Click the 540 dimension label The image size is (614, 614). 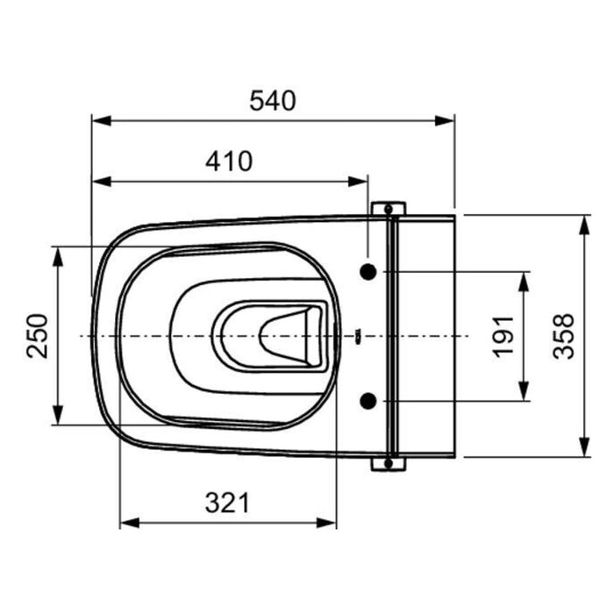(273, 101)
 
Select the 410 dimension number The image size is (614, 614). (229, 161)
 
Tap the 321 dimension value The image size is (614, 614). (227, 503)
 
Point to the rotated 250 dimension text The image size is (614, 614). (38, 336)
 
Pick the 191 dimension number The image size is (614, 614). (503, 336)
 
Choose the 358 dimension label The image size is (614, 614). (563, 336)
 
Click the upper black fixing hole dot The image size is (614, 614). (368, 271)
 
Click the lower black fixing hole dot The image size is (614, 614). (368, 401)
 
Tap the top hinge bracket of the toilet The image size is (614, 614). (389, 209)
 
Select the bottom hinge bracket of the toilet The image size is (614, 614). (389, 464)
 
